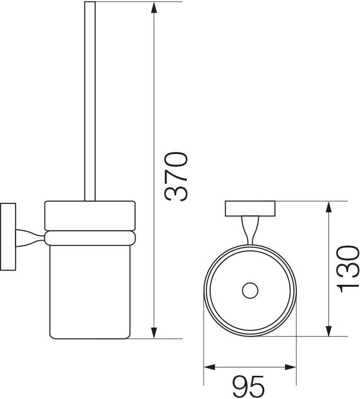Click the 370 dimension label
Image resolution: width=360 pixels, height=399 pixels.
(176, 177)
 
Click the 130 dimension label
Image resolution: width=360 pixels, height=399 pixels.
(348, 269)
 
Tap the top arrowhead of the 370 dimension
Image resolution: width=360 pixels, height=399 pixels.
(154, 8)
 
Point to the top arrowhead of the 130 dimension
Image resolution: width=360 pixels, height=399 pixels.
(329, 207)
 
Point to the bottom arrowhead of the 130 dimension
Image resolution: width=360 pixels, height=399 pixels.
(329, 330)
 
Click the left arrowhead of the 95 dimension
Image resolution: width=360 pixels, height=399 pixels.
(210, 367)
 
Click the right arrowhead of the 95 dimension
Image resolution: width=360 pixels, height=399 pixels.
(290, 367)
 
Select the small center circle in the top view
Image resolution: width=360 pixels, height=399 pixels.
(250, 290)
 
